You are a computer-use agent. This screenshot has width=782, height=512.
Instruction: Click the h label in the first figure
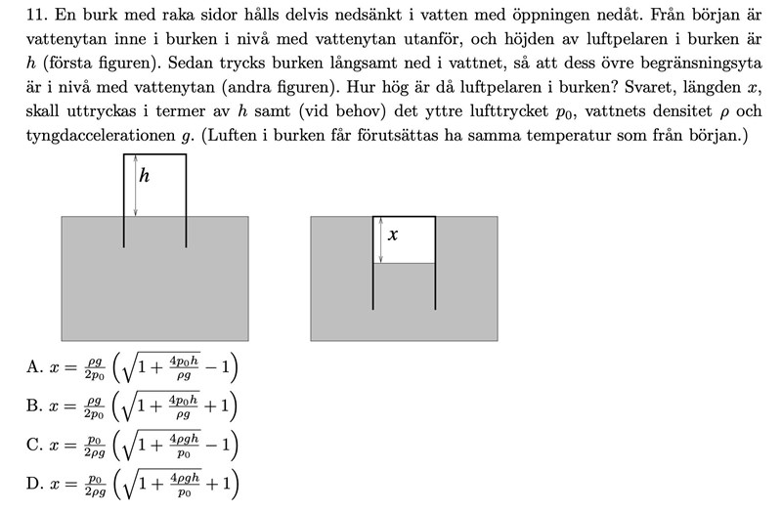click(x=145, y=176)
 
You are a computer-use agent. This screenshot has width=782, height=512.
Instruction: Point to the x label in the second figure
click(x=393, y=235)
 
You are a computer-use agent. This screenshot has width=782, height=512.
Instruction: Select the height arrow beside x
click(x=381, y=240)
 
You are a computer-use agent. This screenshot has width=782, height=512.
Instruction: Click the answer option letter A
click(x=34, y=367)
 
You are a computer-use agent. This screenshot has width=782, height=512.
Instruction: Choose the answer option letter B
click(x=34, y=406)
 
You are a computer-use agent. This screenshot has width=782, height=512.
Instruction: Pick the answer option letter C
click(x=34, y=446)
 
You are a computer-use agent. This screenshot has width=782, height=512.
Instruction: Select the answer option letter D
click(x=34, y=484)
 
